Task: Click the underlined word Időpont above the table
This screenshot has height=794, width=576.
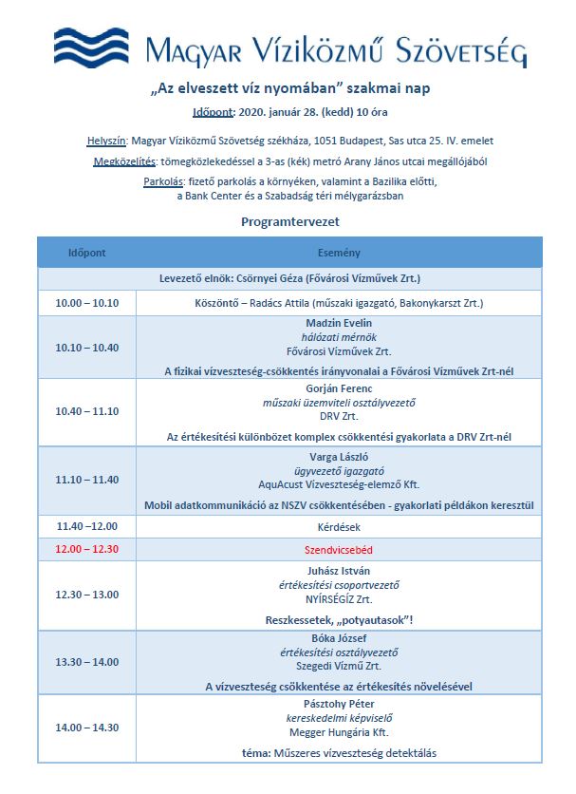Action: pos(214,113)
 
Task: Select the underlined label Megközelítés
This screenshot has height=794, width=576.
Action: pos(125,161)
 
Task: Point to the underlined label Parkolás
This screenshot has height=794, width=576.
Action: pos(165,180)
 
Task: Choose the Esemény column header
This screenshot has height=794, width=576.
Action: pos(338,254)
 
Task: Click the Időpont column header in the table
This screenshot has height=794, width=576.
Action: pos(86,254)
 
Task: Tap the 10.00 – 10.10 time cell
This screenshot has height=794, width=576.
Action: pos(87,304)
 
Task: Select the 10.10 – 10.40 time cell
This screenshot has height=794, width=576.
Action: pos(87,348)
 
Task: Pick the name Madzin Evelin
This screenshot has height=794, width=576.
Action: pos(339,324)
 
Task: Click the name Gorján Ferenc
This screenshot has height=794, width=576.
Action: pos(339,388)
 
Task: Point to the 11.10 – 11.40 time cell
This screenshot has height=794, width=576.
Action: pos(87,480)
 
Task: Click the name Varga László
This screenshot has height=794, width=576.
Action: pos(339,456)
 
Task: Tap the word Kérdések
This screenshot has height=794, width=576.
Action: pos(339,525)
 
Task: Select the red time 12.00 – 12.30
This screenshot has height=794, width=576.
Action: pos(87,550)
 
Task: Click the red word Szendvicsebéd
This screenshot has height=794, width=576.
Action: pos(339,550)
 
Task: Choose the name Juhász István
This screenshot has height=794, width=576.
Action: pos(339,571)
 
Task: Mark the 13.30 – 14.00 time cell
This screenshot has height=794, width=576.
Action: pos(87,661)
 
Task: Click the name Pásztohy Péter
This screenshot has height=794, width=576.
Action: pos(339,704)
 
